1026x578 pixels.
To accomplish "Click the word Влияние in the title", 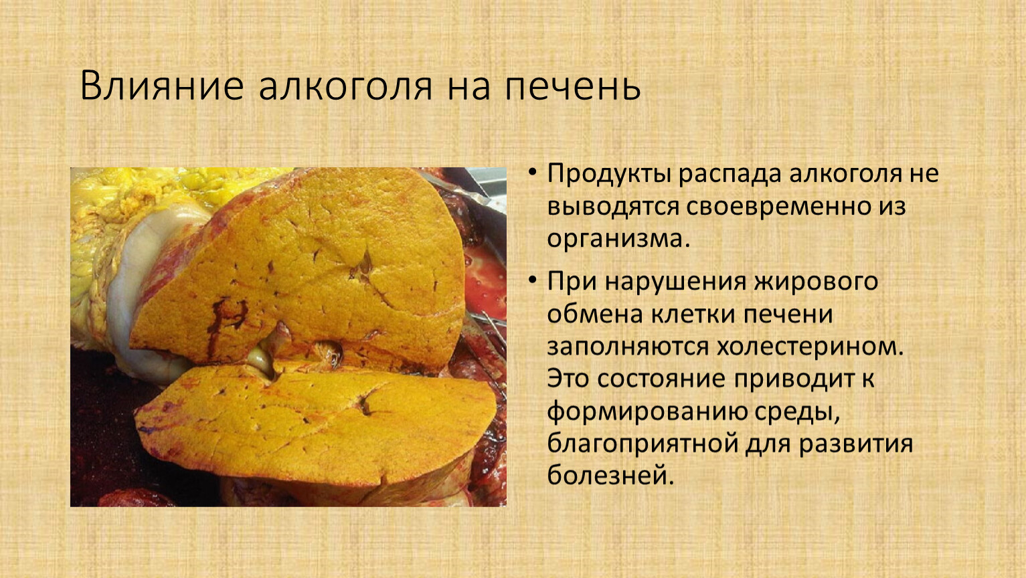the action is coord(162,86).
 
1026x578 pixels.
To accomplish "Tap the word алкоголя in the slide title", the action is coord(346,87).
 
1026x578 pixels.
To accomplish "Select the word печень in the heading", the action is coord(572,87).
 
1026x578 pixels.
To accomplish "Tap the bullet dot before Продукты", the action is coord(532,172).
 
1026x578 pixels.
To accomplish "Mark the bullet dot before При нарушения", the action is coord(532,280).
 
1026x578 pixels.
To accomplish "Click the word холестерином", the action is coord(810,347).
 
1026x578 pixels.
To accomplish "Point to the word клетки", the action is coord(687,315).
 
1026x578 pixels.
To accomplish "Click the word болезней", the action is coord(611,476).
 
